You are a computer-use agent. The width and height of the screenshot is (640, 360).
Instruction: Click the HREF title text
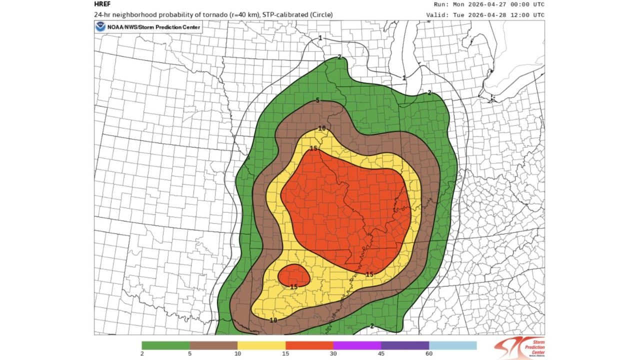pos(102,4)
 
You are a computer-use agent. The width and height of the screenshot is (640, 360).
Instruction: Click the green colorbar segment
pos(165,345)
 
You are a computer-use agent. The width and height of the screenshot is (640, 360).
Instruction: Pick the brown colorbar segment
pos(213,345)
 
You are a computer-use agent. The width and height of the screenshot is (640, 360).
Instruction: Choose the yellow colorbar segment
pos(261,345)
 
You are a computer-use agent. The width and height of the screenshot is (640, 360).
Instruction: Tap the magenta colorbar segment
pos(357,345)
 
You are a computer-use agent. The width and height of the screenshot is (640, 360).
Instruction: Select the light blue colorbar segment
pos(452,345)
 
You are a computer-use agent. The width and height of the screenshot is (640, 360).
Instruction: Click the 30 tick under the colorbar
pos(333,354)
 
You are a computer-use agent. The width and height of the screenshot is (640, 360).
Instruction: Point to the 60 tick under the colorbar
pos(429,354)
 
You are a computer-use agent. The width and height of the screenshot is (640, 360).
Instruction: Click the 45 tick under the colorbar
pos(381,354)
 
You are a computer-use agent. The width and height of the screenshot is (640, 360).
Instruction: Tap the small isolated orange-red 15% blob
pos(293,274)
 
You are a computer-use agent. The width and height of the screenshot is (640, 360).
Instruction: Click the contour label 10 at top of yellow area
pos(322,128)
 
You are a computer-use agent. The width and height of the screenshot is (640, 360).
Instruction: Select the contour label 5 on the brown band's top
pos(317,100)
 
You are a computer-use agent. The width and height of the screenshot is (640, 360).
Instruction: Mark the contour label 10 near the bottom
pos(273,320)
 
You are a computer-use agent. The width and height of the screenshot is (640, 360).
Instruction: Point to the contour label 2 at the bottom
pos(371,326)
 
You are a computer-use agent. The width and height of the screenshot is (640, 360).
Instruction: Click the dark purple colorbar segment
pos(405,345)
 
